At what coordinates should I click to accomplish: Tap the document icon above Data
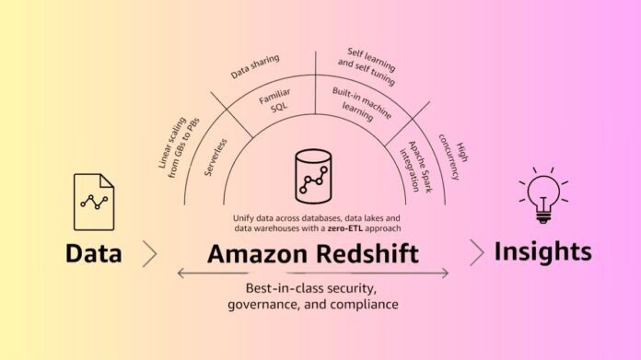click(95, 203)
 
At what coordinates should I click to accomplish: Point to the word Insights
click(543, 251)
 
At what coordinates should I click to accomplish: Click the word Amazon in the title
click(255, 253)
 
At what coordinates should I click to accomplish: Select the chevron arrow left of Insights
click(476, 252)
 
